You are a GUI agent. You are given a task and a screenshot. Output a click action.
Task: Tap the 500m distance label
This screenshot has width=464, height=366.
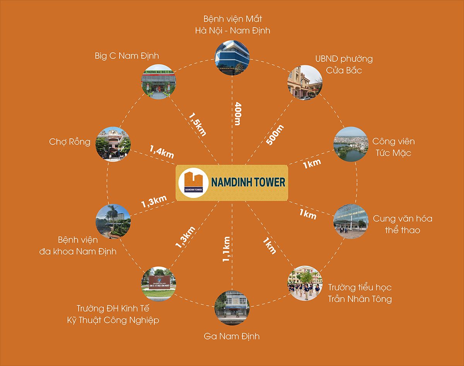click(x=275, y=134)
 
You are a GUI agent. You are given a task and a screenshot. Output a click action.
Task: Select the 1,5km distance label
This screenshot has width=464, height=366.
click(x=198, y=124)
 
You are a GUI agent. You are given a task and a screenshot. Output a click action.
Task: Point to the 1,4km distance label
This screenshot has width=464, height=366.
click(x=162, y=152)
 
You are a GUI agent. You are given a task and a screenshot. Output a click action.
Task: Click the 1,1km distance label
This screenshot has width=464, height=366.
click(x=227, y=249)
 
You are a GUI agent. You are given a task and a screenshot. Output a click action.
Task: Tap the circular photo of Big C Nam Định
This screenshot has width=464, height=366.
click(x=159, y=82)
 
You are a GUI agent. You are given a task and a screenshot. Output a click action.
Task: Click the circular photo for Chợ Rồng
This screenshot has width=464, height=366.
click(x=113, y=144)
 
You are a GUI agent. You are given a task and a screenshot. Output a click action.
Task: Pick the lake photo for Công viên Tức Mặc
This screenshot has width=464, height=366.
click(x=351, y=144)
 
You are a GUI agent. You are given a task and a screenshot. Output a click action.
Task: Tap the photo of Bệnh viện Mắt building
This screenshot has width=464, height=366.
click(x=232, y=58)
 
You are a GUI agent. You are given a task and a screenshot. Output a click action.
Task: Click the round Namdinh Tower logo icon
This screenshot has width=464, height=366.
click(x=193, y=183)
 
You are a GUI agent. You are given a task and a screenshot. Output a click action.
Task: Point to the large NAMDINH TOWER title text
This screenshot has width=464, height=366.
click(x=248, y=182)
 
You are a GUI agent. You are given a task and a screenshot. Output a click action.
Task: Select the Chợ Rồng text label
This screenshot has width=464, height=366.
click(x=70, y=142)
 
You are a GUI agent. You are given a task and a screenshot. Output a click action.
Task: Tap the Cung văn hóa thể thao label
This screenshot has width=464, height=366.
click(x=403, y=225)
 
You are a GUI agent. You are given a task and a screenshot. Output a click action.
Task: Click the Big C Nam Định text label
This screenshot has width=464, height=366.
click(x=127, y=56)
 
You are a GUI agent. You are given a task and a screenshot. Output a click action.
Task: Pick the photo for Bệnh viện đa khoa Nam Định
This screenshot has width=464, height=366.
click(x=113, y=221)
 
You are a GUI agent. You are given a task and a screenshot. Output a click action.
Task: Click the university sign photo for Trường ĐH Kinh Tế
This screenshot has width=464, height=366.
click(x=159, y=284)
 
